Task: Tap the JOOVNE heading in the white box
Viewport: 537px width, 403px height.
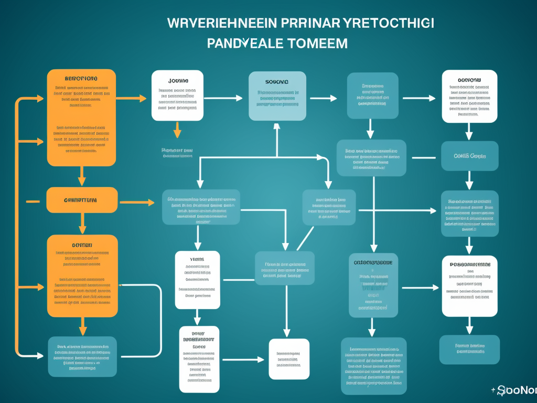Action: point(178,81)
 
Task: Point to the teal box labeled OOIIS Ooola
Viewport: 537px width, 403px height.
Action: point(469,156)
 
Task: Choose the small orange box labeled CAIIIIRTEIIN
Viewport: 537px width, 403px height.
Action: point(82,200)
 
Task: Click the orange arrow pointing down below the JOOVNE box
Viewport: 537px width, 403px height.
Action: point(177,129)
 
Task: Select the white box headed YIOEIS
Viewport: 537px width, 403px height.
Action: point(197,280)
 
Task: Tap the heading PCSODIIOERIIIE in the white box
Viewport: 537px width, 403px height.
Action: point(470,264)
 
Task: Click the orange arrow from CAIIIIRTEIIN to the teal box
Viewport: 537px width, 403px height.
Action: point(137,202)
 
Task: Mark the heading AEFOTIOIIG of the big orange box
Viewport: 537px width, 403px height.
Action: point(81,78)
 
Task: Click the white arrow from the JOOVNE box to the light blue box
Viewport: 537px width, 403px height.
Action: point(223,98)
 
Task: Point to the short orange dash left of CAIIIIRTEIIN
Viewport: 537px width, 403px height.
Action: point(33,200)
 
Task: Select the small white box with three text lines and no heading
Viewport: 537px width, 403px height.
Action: point(289,359)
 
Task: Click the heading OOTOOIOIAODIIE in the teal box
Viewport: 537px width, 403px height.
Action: point(372,262)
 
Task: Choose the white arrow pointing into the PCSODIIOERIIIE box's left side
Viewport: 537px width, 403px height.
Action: point(420,288)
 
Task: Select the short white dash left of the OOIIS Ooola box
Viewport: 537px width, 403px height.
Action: point(423,157)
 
